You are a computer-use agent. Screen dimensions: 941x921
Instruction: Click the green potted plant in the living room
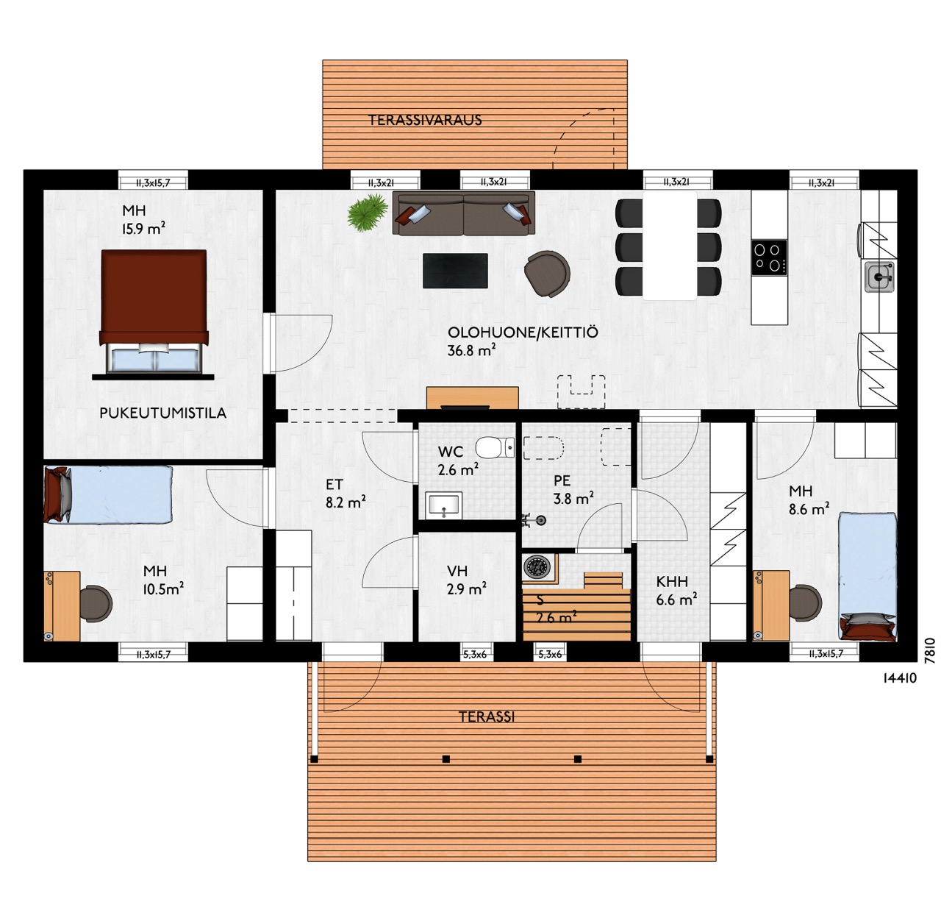pyautogui.click(x=368, y=212)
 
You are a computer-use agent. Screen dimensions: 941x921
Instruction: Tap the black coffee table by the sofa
pyautogui.click(x=454, y=271)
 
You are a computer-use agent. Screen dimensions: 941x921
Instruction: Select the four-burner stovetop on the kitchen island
pyautogui.click(x=768, y=258)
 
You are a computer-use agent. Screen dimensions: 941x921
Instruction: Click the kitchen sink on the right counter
pyautogui.click(x=879, y=277)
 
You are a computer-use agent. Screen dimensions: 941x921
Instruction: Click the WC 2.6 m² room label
pyautogui.click(x=457, y=460)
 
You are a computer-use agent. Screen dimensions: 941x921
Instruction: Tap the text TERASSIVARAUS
pyautogui.click(x=425, y=120)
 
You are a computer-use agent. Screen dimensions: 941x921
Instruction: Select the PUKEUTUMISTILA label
pyautogui.click(x=162, y=413)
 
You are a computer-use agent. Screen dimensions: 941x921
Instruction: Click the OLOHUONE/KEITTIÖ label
pyautogui.click(x=522, y=341)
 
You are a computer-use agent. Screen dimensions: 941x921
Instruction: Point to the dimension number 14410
pyautogui.click(x=900, y=678)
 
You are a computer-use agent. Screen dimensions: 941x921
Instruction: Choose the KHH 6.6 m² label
pyautogui.click(x=676, y=591)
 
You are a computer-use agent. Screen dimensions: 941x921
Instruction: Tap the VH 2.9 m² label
pyautogui.click(x=466, y=580)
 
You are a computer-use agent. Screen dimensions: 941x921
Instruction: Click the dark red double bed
pyautogui.click(x=154, y=311)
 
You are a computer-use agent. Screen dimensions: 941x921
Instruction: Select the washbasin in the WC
pyautogui.click(x=443, y=505)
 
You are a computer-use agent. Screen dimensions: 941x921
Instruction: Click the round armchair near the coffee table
pyautogui.click(x=547, y=274)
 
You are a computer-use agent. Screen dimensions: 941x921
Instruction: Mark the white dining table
pyautogui.click(x=670, y=246)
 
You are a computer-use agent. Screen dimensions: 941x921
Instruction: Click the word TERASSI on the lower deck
pyautogui.click(x=487, y=716)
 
